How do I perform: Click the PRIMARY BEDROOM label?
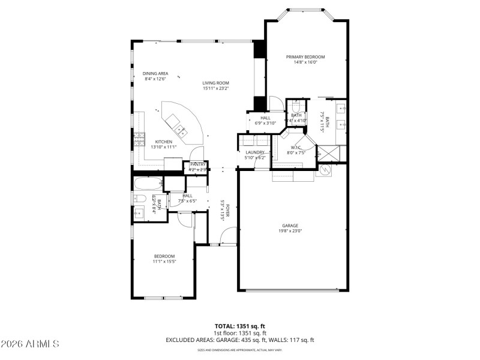(x=305, y=56)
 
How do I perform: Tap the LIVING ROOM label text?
(x=215, y=83)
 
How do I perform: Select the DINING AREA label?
(x=155, y=73)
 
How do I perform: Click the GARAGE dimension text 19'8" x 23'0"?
(x=290, y=230)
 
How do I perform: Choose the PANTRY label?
(x=198, y=164)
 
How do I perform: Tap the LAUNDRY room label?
(x=255, y=152)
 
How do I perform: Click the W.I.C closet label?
(x=295, y=147)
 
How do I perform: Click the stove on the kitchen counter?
(x=140, y=139)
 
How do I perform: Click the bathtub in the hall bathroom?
(x=147, y=183)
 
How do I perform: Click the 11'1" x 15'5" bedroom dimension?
(x=164, y=261)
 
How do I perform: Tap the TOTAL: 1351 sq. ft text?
(x=239, y=327)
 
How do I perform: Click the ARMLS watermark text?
(x=30, y=344)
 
